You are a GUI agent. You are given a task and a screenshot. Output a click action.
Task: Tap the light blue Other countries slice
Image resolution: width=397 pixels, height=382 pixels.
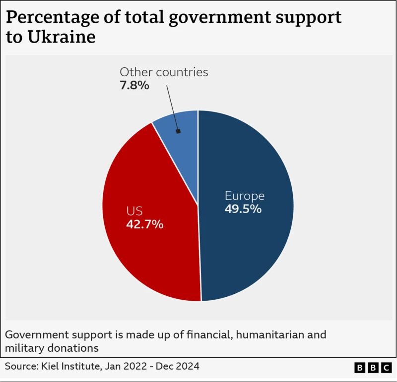click(181, 121)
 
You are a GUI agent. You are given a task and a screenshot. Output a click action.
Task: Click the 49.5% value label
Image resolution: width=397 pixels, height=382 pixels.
click(243, 209)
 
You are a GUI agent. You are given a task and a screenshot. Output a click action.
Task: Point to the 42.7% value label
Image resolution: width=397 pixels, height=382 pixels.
click(144, 224)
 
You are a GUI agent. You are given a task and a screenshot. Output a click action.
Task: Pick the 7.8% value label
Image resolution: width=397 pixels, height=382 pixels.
click(134, 85)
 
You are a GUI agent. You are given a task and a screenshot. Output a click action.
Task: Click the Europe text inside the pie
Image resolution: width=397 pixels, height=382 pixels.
click(244, 195)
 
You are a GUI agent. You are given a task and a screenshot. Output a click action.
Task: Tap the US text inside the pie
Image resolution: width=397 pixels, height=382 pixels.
click(134, 211)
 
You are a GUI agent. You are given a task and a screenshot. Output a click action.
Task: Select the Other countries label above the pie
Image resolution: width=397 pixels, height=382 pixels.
click(164, 72)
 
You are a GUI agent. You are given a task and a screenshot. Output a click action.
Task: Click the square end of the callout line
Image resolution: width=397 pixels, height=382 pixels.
click(178, 132)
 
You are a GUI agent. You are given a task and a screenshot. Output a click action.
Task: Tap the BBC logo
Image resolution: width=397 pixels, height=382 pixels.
click(373, 367)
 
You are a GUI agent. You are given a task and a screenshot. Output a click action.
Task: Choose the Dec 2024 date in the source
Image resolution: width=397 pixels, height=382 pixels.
click(178, 366)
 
